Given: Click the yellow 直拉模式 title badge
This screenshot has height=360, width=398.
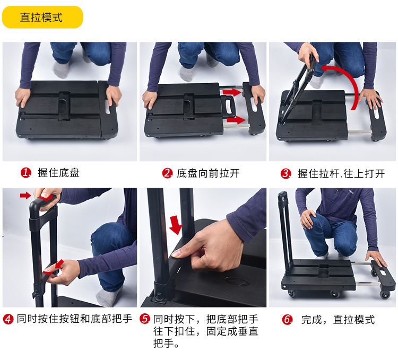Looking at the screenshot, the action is [x=42, y=17].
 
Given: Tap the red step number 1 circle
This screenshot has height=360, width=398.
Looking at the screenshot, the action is [x=26, y=173].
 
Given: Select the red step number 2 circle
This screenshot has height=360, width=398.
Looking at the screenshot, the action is [x=168, y=173].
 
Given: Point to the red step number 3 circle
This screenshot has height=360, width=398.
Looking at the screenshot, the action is [x=286, y=174].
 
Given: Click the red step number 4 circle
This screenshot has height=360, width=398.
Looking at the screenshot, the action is [x=8, y=319].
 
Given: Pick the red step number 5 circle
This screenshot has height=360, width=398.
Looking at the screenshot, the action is [x=145, y=319].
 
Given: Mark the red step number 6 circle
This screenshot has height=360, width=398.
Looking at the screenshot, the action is [x=288, y=319].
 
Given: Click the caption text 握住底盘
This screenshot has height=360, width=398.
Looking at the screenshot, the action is [x=58, y=173].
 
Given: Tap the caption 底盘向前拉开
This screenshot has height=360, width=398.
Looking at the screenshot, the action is [x=208, y=173].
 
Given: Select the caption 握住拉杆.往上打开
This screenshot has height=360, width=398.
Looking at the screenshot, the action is [x=341, y=174].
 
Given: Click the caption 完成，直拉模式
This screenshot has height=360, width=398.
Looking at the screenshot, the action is [x=338, y=320].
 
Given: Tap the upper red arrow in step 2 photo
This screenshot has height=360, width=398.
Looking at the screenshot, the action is [x=233, y=92].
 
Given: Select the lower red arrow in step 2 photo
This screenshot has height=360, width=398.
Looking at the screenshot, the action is [x=236, y=120].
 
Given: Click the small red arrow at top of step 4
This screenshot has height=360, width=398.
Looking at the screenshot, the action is [x=25, y=195].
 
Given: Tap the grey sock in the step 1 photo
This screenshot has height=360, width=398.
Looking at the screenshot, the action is [x=61, y=69].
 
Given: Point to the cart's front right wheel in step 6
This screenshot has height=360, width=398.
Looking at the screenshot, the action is [x=385, y=294].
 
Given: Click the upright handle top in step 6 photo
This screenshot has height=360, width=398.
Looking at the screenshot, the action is [x=283, y=196].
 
